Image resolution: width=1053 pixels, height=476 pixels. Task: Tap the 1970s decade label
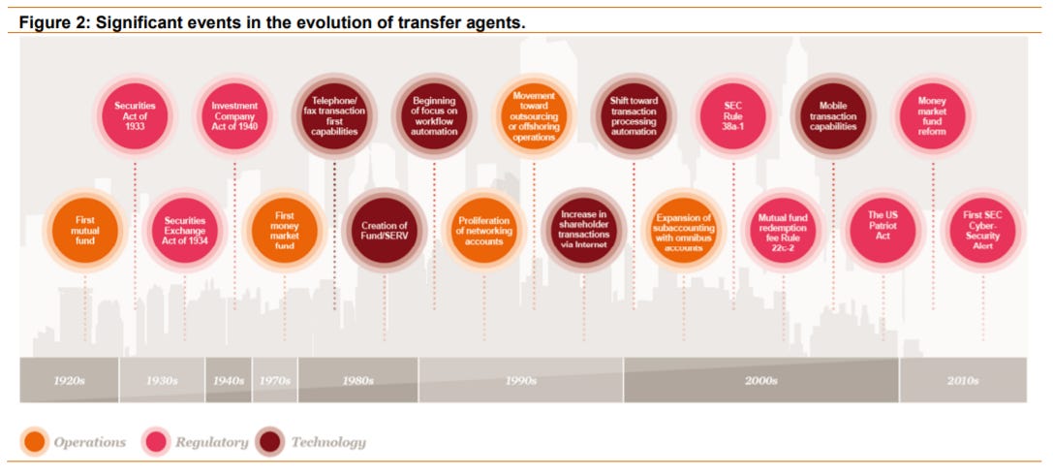[274, 380]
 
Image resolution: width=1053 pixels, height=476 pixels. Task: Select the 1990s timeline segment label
[520, 380]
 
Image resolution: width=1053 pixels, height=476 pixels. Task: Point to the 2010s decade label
[962, 380]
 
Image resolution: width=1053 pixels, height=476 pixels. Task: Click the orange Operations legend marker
[35, 442]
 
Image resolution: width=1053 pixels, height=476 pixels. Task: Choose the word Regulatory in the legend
[211, 442]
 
